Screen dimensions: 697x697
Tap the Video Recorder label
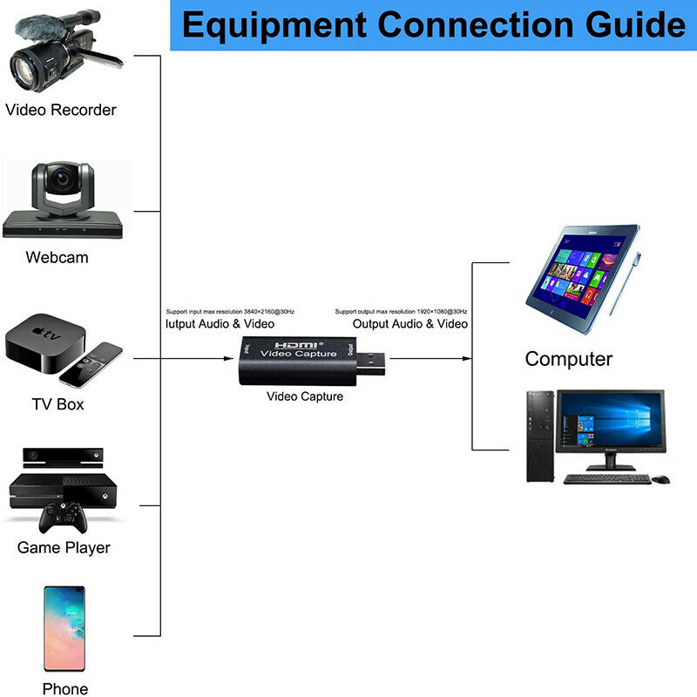point(61,110)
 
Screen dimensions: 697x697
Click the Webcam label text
point(57,257)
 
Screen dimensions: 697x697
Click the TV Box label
point(58,404)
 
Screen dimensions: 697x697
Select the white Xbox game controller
point(62,520)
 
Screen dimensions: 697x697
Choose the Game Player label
point(64,548)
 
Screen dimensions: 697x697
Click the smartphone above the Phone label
point(64,627)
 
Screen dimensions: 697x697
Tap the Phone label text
point(65,689)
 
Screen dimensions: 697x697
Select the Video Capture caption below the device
point(305,396)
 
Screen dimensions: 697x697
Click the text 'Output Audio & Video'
point(409,324)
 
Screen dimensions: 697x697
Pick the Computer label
point(568,359)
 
